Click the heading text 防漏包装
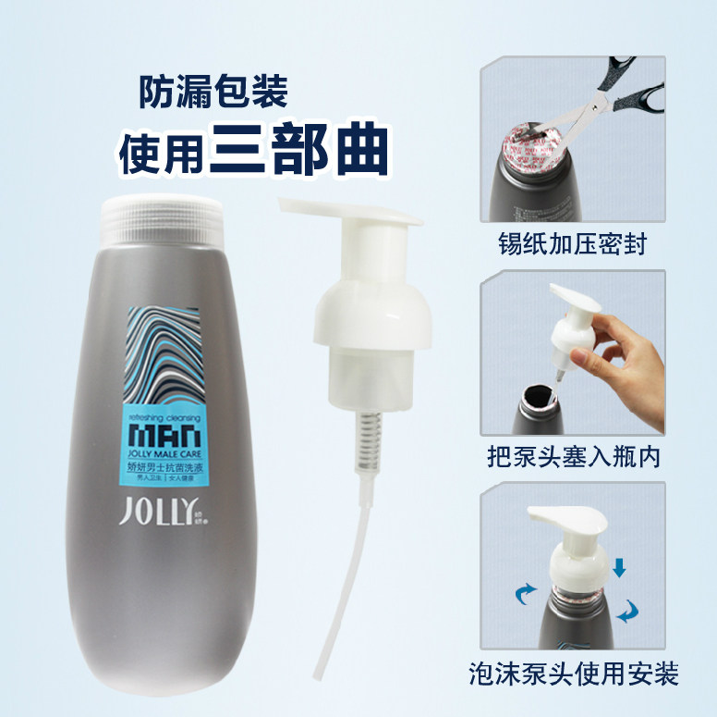pos(213,91)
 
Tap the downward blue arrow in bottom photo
pos(619,566)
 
